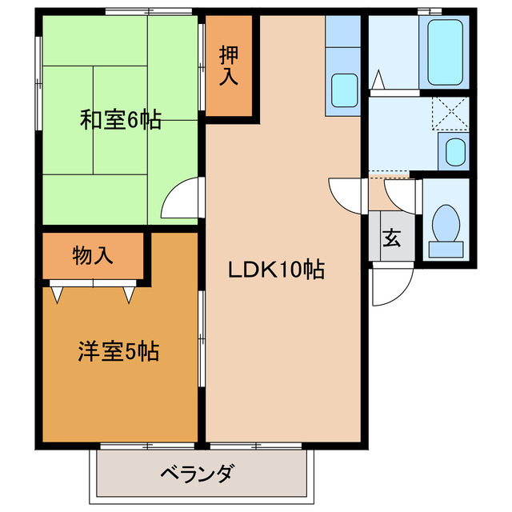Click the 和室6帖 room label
click(x=120, y=120)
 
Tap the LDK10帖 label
click(x=276, y=270)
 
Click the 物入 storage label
click(x=93, y=256)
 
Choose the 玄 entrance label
click(x=392, y=238)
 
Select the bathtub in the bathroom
click(x=445, y=52)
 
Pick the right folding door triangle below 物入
click(x=128, y=294)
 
